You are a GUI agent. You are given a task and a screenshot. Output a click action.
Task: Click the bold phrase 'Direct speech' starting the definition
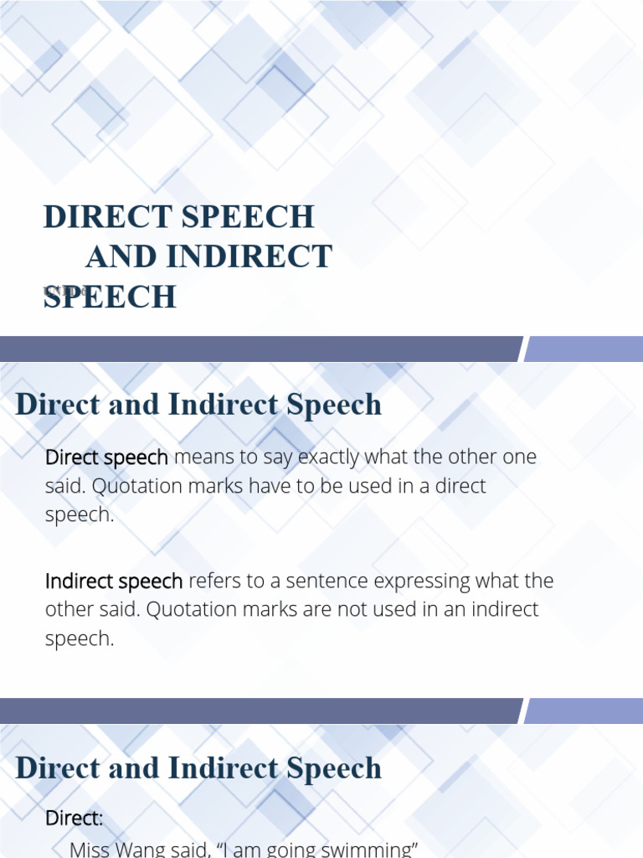coord(106,457)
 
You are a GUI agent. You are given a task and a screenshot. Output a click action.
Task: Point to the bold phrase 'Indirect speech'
coord(114,581)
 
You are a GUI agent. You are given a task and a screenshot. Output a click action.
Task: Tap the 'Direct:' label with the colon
coord(74,818)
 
